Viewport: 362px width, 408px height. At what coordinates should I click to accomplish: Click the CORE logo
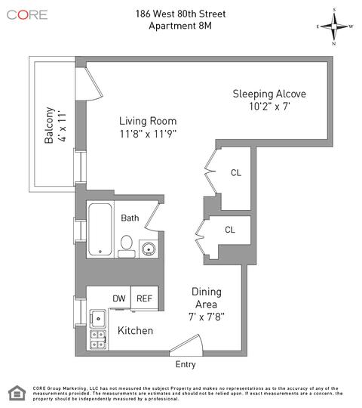[x=27, y=15]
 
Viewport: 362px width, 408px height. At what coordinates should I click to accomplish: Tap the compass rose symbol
[x=334, y=26]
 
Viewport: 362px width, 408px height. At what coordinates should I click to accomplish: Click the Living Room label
[x=148, y=121]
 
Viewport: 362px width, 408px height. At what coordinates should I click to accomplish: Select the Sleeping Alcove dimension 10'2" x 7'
[x=269, y=107]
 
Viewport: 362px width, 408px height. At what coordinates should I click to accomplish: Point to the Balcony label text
[x=49, y=125]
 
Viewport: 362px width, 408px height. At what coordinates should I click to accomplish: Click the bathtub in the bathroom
[x=100, y=229]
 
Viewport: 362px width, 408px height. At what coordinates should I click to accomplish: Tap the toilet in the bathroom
[x=127, y=246]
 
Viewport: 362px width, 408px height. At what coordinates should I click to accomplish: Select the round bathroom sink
[x=149, y=249]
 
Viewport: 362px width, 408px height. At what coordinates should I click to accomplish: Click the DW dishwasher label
[x=119, y=298]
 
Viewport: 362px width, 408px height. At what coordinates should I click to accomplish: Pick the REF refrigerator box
[x=144, y=298]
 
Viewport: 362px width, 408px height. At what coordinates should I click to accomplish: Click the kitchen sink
[x=98, y=319]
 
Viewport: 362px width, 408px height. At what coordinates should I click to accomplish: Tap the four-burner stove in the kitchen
[x=98, y=339]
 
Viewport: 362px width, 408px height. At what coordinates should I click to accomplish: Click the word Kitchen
[x=135, y=330]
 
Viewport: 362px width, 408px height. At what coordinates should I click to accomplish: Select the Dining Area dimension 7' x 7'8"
[x=207, y=317]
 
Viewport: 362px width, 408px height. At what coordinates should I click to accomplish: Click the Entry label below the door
[x=186, y=364]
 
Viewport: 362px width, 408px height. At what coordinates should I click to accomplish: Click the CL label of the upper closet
[x=236, y=173]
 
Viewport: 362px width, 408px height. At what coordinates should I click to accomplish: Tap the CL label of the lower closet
[x=230, y=230]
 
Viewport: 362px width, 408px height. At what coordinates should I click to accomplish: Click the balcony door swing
[x=89, y=84]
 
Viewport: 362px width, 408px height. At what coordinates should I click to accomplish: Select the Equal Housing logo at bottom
[x=17, y=393]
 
